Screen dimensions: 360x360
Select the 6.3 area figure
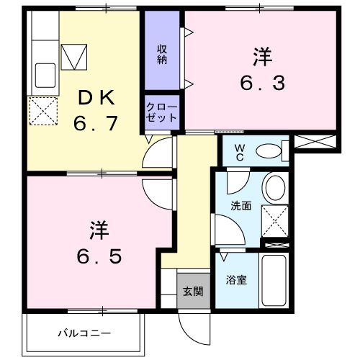(261, 82)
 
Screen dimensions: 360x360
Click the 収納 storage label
(163, 55)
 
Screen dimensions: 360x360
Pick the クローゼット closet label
(162, 112)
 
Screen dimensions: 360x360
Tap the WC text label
(240, 153)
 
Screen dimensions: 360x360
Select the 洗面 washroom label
(240, 205)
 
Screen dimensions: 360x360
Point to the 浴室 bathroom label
(237, 279)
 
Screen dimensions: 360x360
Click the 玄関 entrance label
(192, 292)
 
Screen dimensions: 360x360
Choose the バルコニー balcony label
(85, 334)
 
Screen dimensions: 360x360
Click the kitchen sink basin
(45, 74)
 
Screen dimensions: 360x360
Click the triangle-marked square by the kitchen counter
(73, 55)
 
